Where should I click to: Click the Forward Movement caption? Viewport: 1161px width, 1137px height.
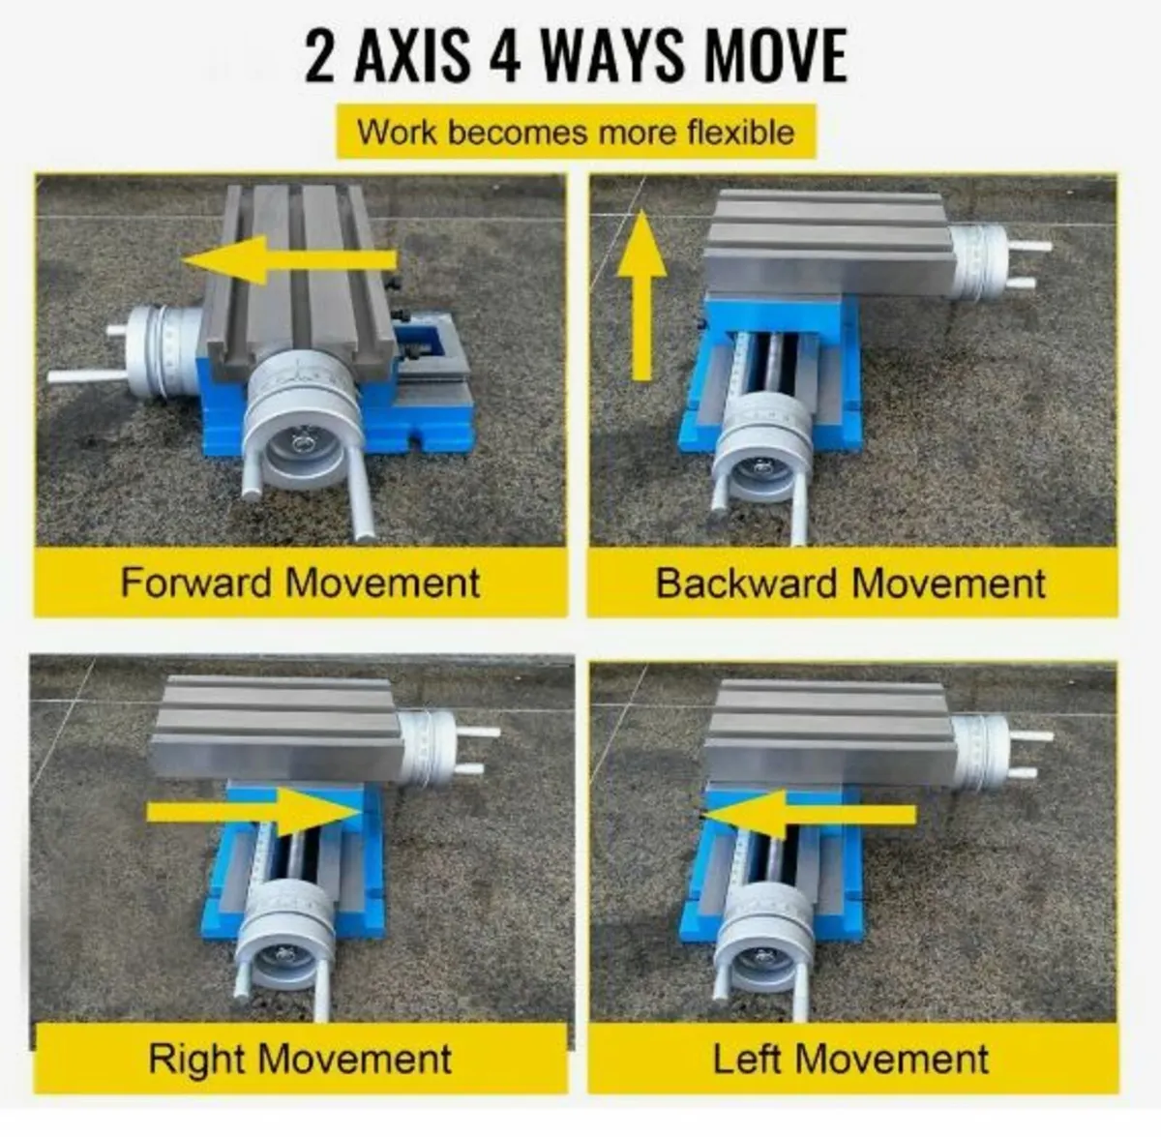300,583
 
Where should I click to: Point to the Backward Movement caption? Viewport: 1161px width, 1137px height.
850,583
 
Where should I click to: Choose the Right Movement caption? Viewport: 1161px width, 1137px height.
300,1060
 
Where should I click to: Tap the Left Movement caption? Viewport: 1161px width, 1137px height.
850,1060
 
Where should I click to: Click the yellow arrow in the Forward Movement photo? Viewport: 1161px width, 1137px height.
290,260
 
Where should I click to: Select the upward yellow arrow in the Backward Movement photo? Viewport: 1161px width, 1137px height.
642,295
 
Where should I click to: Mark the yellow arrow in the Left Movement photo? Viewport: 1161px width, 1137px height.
809,815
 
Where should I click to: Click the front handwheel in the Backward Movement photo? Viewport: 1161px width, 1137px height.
761,447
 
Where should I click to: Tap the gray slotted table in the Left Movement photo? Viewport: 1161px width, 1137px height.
831,733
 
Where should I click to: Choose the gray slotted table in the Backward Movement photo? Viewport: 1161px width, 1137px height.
831,243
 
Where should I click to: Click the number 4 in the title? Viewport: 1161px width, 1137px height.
504,56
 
